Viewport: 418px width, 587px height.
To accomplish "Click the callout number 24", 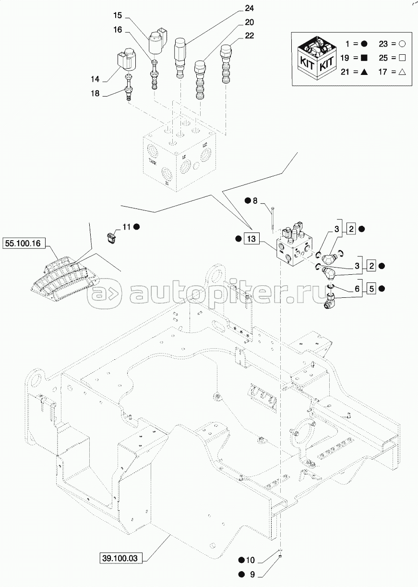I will point(249,9).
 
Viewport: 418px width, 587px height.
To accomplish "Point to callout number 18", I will point(95,94).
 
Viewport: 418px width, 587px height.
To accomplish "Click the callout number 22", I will point(249,36).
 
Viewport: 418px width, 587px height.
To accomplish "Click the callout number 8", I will point(255,200).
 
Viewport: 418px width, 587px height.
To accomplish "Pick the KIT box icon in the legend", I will point(315,57).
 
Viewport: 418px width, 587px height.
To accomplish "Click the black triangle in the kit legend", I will point(364,72).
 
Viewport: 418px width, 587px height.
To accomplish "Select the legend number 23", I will point(383,44).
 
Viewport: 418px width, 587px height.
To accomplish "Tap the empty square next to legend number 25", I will point(403,58).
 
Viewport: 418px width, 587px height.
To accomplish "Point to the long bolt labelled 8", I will point(272,217).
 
